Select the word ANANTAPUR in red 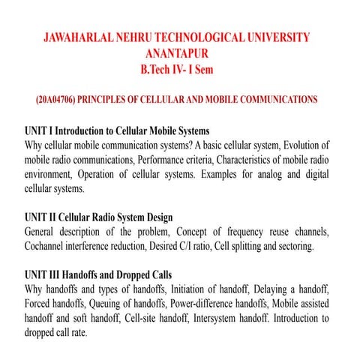[179, 54]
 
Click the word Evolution [298, 144]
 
